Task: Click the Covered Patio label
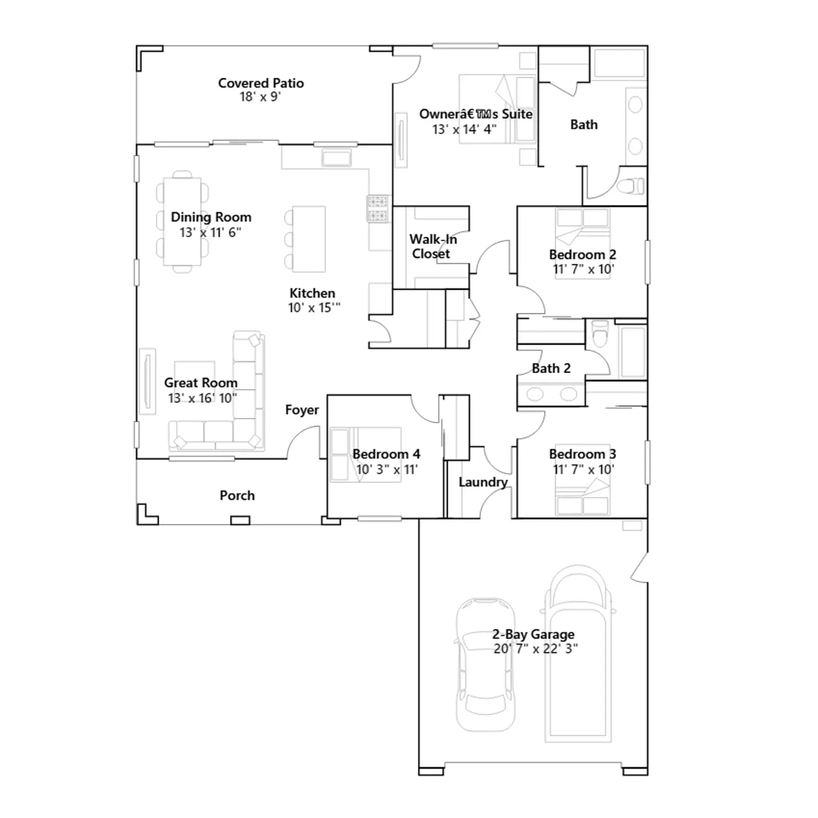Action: pos(261,83)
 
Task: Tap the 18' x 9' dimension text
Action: pos(260,97)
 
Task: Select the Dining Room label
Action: pos(211,217)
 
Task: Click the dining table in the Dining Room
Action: pos(182,221)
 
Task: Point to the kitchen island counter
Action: pos(309,239)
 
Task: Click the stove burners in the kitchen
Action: pos(377,209)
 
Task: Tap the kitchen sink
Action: pos(336,157)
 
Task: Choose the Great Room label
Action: pos(201,382)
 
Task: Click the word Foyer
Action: pos(302,410)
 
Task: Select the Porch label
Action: pos(237,495)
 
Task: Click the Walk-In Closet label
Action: pos(433,246)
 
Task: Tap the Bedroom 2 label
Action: pos(582,255)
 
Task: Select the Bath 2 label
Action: pos(551,368)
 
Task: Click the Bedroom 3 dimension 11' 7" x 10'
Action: pos(583,469)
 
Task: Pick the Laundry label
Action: pos(483,482)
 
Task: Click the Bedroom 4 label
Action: pos(387,454)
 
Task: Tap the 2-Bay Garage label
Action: pos(533,634)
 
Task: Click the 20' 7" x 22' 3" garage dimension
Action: pos(536,649)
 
